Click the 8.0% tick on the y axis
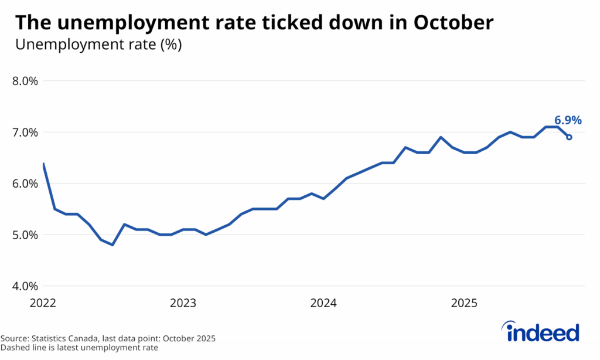pyautogui.click(x=25, y=81)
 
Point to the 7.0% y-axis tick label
pyautogui.click(x=25, y=133)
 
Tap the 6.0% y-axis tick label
pyautogui.click(x=25, y=184)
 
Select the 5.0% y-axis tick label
pyautogui.click(x=25, y=235)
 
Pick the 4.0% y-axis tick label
pyautogui.click(x=25, y=286)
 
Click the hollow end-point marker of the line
pyautogui.click(x=569, y=137)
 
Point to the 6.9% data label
pyautogui.click(x=568, y=120)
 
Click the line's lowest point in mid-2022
pyautogui.click(x=112, y=245)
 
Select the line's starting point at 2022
pyautogui.click(x=43, y=164)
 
